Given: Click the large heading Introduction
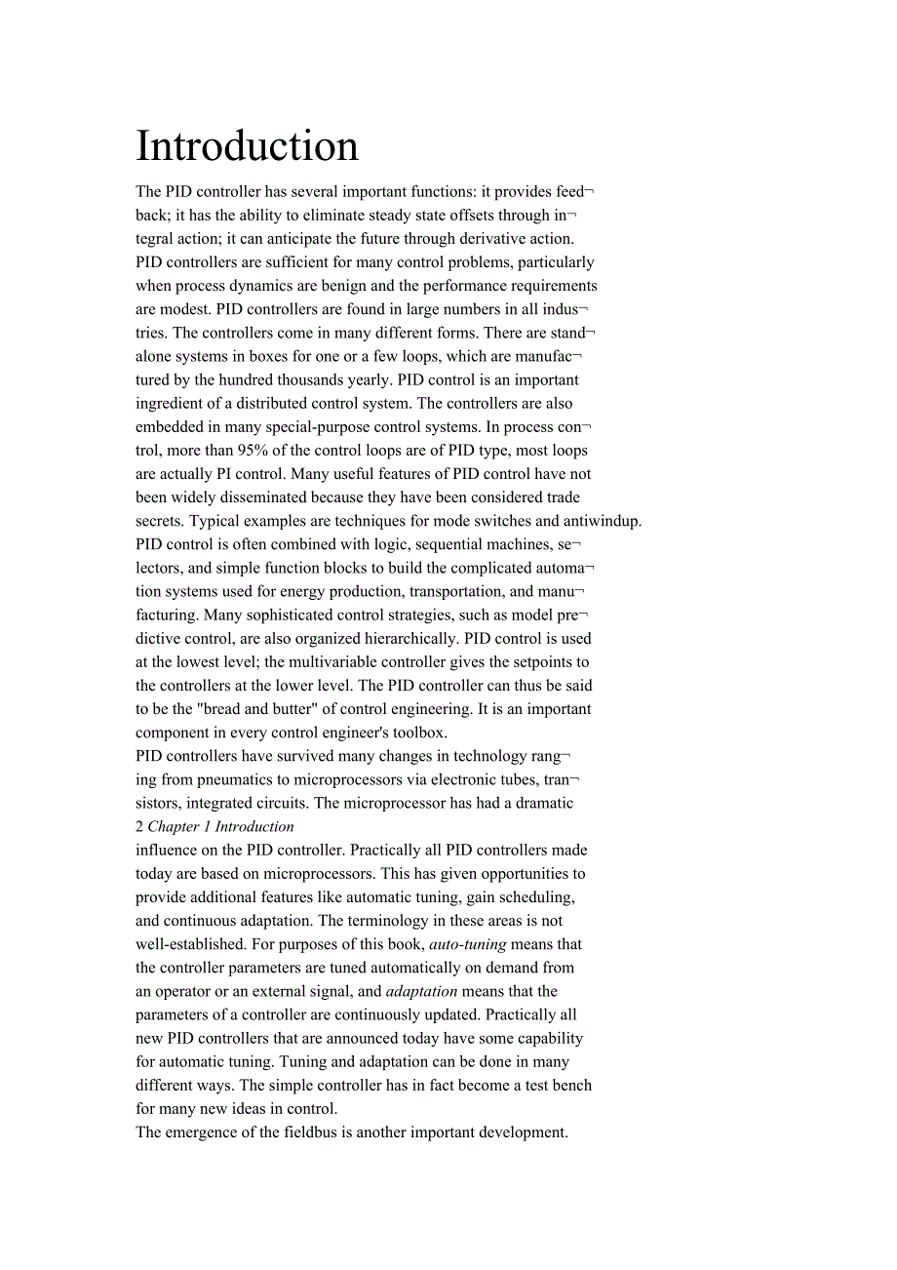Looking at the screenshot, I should pyautogui.click(x=247, y=146).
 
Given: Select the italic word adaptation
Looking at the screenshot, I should pyautogui.click(x=421, y=991).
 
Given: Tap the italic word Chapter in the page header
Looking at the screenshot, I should pyautogui.click(x=174, y=827).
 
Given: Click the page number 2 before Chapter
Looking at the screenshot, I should pyautogui.click(x=139, y=827).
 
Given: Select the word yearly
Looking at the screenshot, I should pyautogui.click(x=365, y=379).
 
